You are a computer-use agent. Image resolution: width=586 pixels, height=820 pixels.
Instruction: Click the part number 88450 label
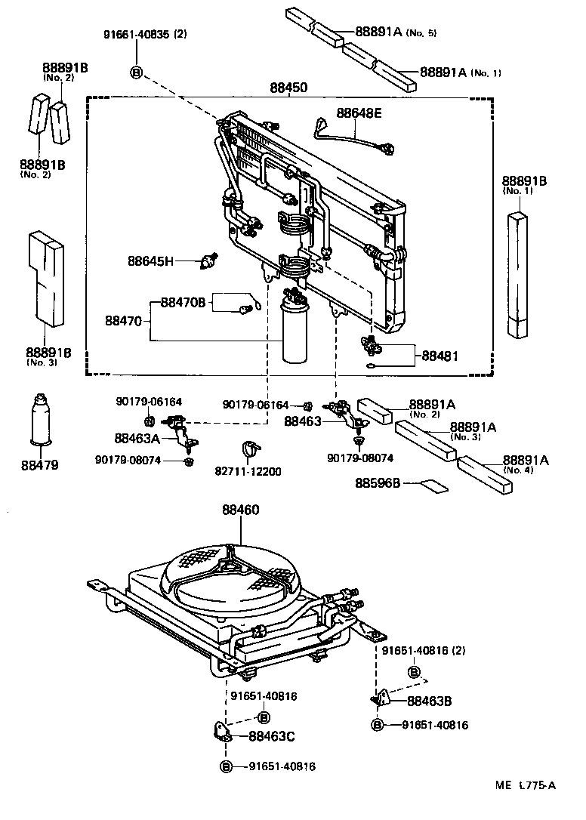pyautogui.click(x=288, y=88)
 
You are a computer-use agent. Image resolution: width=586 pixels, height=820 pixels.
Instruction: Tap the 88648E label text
pyautogui.click(x=359, y=113)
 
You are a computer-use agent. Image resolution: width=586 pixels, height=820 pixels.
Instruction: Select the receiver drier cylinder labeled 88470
pyautogui.click(x=294, y=333)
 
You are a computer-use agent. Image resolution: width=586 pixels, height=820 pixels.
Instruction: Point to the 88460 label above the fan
pyautogui.click(x=240, y=510)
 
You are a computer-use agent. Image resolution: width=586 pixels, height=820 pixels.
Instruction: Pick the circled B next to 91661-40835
pyautogui.click(x=136, y=72)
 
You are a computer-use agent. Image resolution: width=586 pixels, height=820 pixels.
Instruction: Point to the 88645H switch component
pyautogui.click(x=207, y=261)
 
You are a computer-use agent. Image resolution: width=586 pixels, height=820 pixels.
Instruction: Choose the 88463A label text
pyautogui.click(x=137, y=437)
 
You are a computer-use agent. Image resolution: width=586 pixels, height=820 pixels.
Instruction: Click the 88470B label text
pyautogui.click(x=183, y=303)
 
